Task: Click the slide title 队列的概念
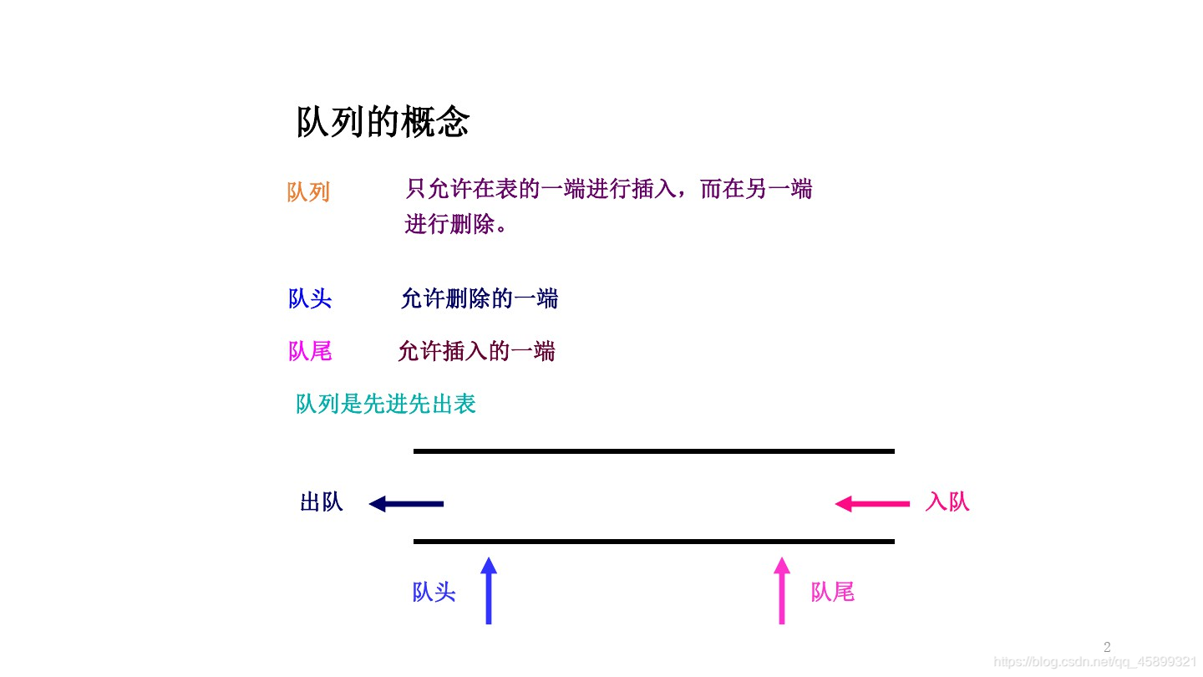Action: coord(383,122)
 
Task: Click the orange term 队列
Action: coord(308,192)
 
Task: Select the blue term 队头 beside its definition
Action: coord(310,298)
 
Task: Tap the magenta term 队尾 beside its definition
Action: coord(310,351)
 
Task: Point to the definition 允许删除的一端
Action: coord(479,298)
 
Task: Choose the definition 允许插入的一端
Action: coord(476,351)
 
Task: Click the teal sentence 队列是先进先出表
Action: coord(386,405)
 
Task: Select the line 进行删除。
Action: coord(456,225)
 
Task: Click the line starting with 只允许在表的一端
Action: coord(608,189)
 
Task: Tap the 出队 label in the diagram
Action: coord(322,502)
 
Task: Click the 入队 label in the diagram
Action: coord(947,501)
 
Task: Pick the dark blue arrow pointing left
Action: coord(406,504)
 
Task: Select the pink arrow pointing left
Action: coord(872,504)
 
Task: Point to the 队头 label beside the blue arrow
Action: coord(434,592)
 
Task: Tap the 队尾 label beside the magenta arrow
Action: coord(832,592)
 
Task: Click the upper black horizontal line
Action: coord(653,451)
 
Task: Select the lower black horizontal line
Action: coord(653,542)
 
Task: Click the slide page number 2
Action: coord(1107,647)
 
